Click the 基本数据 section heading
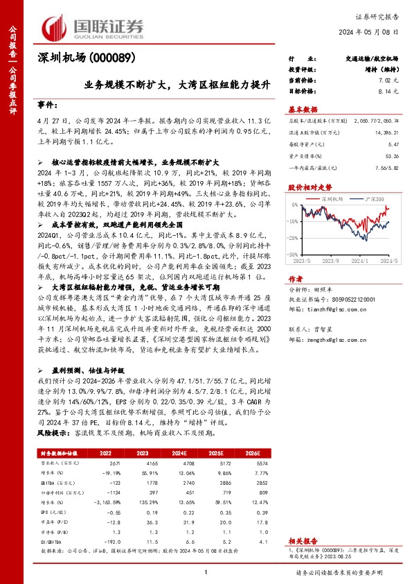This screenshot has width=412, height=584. pyautogui.click(x=303, y=109)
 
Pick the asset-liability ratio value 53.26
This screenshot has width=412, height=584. pyautogui.click(x=393, y=157)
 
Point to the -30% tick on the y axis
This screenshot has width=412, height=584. pyautogui.click(x=294, y=255)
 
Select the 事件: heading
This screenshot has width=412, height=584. pyautogui.click(x=47, y=105)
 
